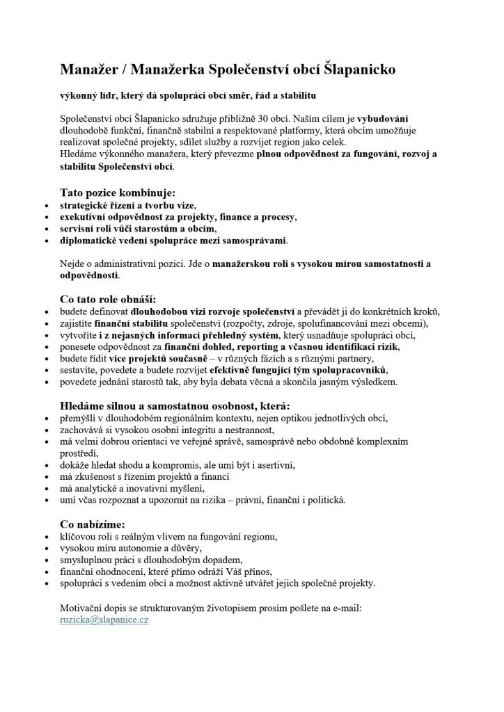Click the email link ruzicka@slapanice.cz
[104, 620]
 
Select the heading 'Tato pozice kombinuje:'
[118, 193]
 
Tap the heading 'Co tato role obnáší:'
[108, 298]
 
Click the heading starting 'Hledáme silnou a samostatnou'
[175, 405]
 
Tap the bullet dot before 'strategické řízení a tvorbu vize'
[46, 206]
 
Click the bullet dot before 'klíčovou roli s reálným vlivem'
[46, 537]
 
